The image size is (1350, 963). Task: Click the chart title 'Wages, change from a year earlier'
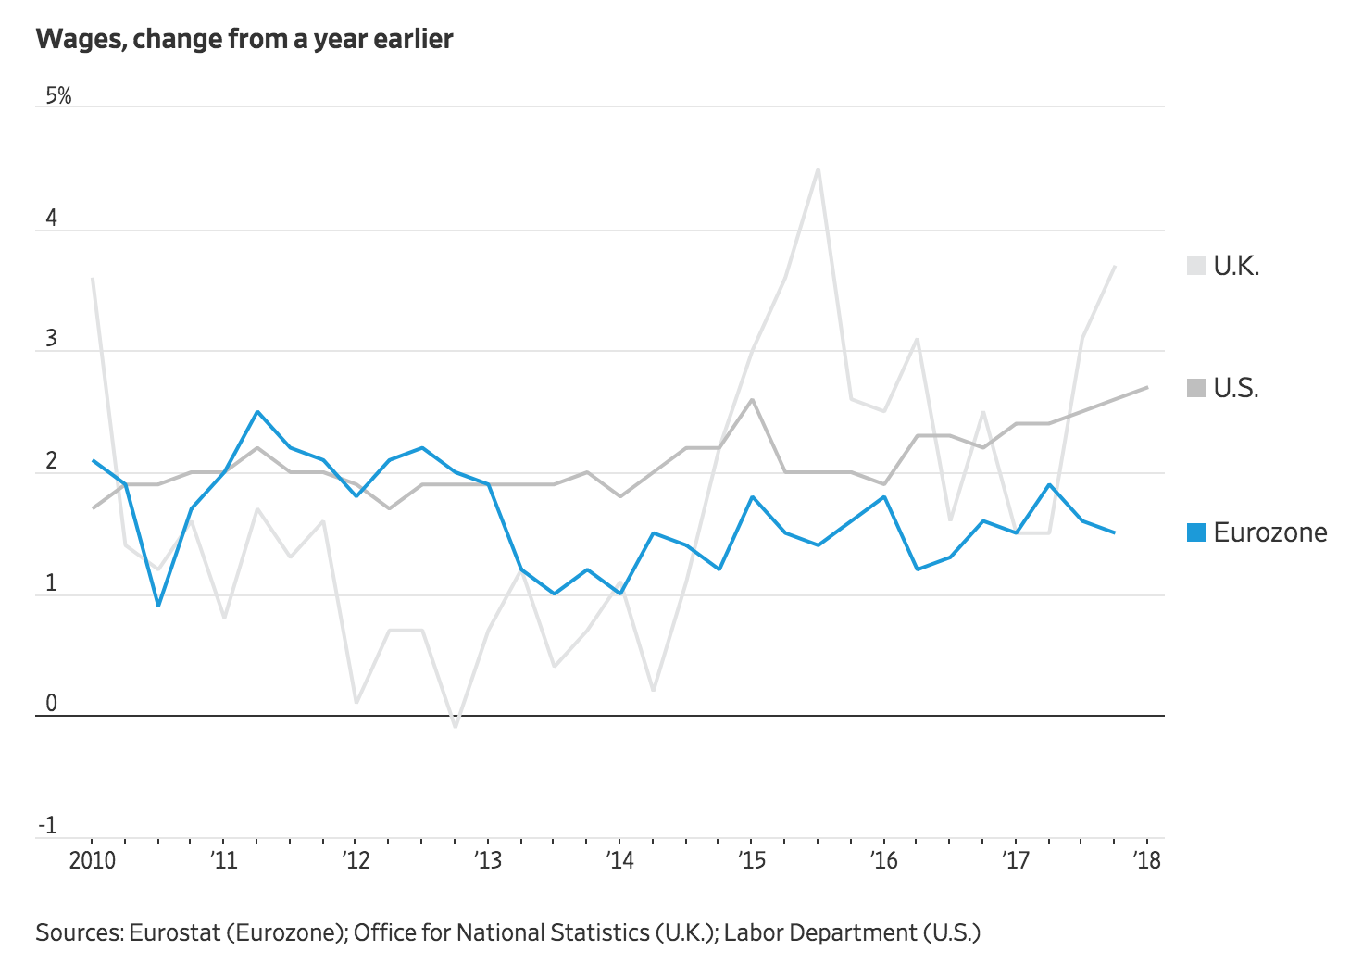[x=244, y=39]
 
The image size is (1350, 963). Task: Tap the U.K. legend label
[x=1236, y=267]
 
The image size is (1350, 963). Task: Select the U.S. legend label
[x=1236, y=388]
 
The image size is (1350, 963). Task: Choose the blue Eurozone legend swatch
[x=1196, y=532]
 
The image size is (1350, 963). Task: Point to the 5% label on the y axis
[x=57, y=95]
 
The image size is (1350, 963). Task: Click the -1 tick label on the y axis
[x=47, y=825]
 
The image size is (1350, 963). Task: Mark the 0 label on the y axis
[x=51, y=703]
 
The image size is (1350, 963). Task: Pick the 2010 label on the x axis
[x=93, y=860]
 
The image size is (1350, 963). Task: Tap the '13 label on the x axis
[x=488, y=860]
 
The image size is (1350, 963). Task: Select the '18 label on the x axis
[x=1147, y=860]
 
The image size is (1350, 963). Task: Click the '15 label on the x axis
[x=752, y=860]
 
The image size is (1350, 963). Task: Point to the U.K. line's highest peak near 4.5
[x=819, y=169]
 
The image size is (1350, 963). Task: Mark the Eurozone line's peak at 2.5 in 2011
[x=257, y=412]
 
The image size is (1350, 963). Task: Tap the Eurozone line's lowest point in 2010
[x=158, y=606]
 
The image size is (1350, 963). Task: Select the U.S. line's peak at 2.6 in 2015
[x=752, y=400]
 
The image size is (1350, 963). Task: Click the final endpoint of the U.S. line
[x=1148, y=387]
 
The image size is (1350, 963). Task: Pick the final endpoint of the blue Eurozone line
[x=1114, y=532]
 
